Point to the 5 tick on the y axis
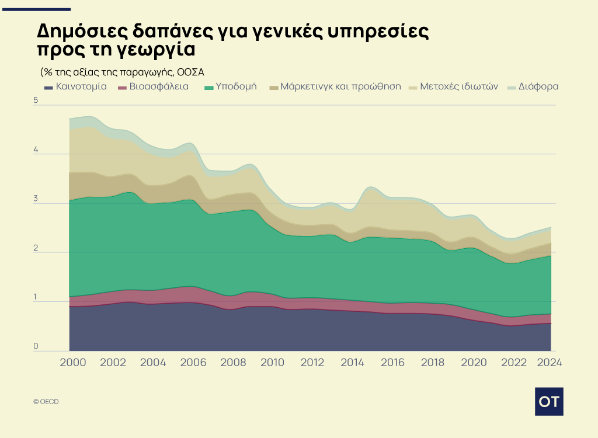coord(36,100)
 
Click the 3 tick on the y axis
coord(36,199)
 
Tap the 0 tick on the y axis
coord(36,347)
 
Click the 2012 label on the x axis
coord(312,362)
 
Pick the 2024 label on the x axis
coord(549,362)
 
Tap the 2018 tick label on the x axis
coord(432,362)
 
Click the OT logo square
coord(549,401)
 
